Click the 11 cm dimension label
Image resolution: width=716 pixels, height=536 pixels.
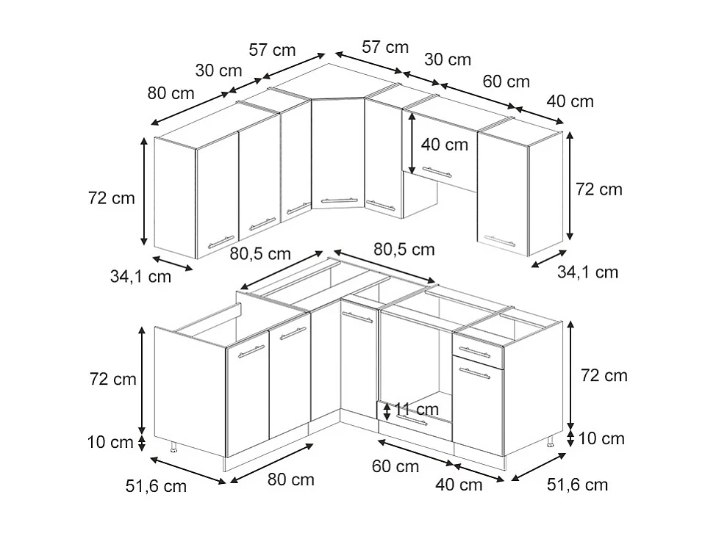416,409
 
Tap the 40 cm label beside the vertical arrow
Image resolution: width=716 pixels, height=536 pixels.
444,145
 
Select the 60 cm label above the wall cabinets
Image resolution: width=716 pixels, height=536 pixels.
506,82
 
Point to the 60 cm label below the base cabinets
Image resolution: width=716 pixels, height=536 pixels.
395,466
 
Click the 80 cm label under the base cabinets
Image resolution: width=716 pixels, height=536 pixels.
290,479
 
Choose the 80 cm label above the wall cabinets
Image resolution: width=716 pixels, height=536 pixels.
171,93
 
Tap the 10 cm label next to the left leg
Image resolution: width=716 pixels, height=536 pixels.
110,442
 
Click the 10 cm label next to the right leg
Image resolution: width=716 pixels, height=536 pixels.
601,438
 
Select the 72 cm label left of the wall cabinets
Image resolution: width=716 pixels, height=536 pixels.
112,198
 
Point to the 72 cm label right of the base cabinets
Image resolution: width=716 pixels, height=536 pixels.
604,375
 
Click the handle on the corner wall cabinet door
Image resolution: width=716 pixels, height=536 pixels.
338,199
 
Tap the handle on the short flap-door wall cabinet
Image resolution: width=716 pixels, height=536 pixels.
437,172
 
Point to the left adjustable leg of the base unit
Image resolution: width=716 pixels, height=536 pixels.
173,447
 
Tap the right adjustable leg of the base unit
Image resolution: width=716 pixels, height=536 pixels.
550,441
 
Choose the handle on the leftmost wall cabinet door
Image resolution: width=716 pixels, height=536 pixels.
221,241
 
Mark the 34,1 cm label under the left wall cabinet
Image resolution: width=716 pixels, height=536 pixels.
140,277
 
